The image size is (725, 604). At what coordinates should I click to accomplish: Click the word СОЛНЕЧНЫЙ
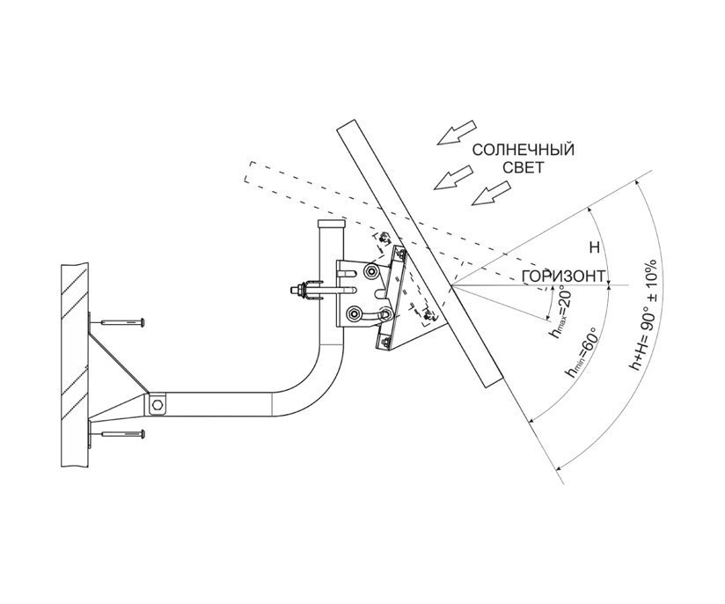pos(523,150)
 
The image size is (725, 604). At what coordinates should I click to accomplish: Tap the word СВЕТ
pos(523,167)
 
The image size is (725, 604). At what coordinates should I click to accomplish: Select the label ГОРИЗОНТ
pos(563,276)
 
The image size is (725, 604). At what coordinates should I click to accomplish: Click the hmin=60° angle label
pos(581,353)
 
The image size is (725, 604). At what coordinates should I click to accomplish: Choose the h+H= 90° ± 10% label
pos(644,315)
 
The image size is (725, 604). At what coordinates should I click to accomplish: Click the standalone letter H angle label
pos(595,247)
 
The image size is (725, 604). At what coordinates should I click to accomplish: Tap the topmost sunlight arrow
pos(457,132)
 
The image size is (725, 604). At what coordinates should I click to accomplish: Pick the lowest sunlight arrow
pos(491,193)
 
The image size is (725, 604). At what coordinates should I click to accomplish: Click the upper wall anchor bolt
pos(122,321)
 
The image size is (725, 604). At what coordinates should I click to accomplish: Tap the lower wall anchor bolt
pos(122,434)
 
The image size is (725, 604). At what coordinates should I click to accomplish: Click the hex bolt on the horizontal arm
pos(157,405)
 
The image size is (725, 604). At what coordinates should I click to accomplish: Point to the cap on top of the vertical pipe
pos(332,224)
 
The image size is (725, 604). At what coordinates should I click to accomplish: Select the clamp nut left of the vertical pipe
pos(301,291)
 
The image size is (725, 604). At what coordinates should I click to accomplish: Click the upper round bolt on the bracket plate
pos(370,272)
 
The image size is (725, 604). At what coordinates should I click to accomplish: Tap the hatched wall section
pos(75,366)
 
